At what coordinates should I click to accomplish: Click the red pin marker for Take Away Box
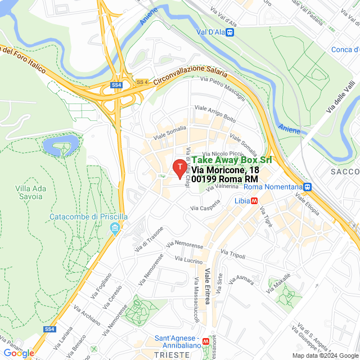tap(179, 168)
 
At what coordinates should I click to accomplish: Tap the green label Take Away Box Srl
tap(232, 160)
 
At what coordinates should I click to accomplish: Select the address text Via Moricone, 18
tap(225, 170)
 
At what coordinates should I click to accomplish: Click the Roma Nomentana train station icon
tap(307, 187)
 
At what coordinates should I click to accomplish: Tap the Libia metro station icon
tap(255, 200)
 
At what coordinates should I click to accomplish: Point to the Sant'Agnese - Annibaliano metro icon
tap(206, 341)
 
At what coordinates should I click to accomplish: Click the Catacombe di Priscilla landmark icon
tap(115, 228)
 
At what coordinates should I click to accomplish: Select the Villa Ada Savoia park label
tap(29, 192)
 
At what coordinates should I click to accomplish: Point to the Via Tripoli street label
tap(233, 255)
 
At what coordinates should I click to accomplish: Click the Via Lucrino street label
tap(189, 260)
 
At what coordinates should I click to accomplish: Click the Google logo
tap(18, 353)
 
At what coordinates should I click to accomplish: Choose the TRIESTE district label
tap(172, 355)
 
